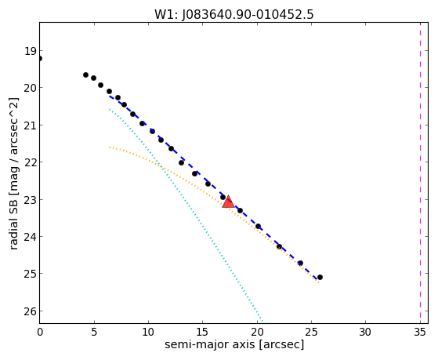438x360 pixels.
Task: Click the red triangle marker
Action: click(x=229, y=202)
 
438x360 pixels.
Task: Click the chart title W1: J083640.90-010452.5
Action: click(x=233, y=15)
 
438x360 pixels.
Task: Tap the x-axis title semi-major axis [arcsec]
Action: click(x=234, y=344)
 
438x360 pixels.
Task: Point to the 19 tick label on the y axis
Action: click(x=31, y=51)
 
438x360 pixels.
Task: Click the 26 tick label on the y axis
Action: click(x=31, y=311)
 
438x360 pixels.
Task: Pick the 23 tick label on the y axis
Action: click(x=31, y=200)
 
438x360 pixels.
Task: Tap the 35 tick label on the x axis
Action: click(x=420, y=333)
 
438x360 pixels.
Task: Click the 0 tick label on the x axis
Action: click(x=40, y=333)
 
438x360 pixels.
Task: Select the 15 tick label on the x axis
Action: click(x=202, y=333)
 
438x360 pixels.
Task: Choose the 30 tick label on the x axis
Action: click(x=365, y=333)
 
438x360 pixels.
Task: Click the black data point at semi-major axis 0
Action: click(x=40, y=59)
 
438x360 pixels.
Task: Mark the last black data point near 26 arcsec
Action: click(x=320, y=277)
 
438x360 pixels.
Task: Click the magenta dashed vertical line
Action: click(x=420, y=173)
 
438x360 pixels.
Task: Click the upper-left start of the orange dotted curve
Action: click(x=110, y=147)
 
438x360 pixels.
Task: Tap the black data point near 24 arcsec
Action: click(x=300, y=263)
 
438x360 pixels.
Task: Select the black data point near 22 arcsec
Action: click(x=279, y=246)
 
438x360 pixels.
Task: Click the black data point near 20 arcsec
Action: click(x=258, y=226)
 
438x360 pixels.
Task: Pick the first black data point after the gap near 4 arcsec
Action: click(x=85, y=75)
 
